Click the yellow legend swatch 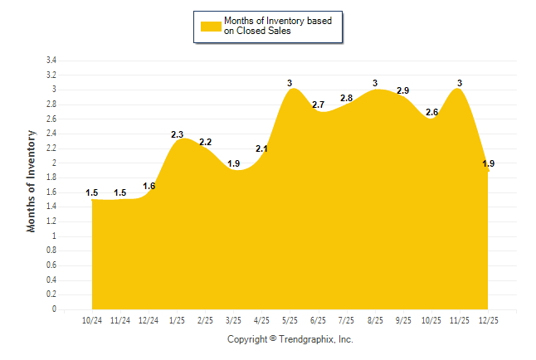click(x=210, y=26)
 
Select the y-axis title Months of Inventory click(x=32, y=181)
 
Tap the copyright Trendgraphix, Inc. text click(x=290, y=339)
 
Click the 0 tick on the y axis click(x=54, y=309)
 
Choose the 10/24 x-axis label click(x=92, y=319)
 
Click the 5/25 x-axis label click(x=290, y=319)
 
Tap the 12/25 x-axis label click(x=488, y=319)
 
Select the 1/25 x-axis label click(x=177, y=319)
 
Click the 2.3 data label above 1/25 click(x=177, y=134)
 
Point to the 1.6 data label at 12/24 click(x=149, y=186)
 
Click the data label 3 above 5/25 click(x=290, y=83)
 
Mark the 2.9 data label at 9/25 click(x=403, y=90)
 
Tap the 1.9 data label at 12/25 click(x=488, y=163)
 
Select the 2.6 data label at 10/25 click(x=431, y=112)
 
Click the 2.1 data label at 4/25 click(x=261, y=148)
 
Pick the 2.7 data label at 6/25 click(x=318, y=105)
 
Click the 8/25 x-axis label click(x=375, y=319)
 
